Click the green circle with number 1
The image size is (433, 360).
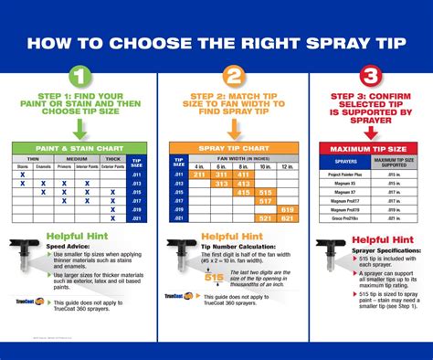tap(79, 77)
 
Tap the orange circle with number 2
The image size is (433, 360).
tap(234, 77)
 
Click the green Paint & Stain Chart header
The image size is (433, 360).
tap(69, 148)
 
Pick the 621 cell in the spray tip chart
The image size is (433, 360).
tap(288, 217)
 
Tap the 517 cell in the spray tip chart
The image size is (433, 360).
tap(266, 206)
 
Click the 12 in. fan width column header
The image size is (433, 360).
tap(288, 165)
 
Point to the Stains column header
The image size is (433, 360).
tap(22, 167)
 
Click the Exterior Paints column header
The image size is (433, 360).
tap(112, 167)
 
